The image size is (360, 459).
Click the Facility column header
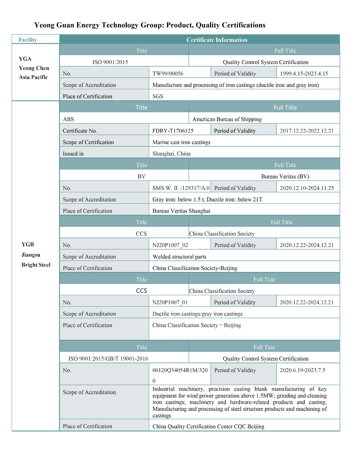pyautogui.click(x=28, y=40)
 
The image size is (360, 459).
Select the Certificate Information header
pyautogui.click(x=217, y=40)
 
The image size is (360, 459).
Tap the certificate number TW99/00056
pyautogui.click(x=168, y=73)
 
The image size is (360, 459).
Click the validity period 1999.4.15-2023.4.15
pyautogui.click(x=304, y=73)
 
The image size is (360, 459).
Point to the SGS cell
pyautogui.click(x=158, y=96)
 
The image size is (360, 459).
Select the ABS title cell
pyautogui.click(x=69, y=119)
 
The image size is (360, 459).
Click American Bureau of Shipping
pyautogui.click(x=227, y=119)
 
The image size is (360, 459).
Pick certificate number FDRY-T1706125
pyautogui.click(x=173, y=131)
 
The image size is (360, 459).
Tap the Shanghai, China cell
pyautogui.click(x=172, y=153)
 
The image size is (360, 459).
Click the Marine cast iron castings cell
pyautogui.click(x=181, y=142)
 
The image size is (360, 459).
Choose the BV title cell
pyautogui.click(x=141, y=176)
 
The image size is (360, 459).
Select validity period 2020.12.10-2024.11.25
pyautogui.click(x=307, y=188)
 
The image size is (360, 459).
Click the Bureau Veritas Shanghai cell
pyautogui.click(x=181, y=211)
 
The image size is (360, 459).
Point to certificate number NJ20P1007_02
pyautogui.click(x=170, y=245)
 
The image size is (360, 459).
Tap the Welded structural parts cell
pyautogui.click(x=179, y=256)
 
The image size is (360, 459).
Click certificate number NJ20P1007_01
pyautogui.click(x=170, y=302)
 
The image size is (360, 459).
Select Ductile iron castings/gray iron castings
pyautogui.click(x=197, y=314)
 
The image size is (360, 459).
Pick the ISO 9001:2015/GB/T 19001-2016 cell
pyautogui.click(x=108, y=359)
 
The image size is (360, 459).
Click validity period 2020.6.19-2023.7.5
pyautogui.click(x=302, y=370)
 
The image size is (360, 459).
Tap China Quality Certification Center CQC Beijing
pyautogui.click(x=208, y=426)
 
